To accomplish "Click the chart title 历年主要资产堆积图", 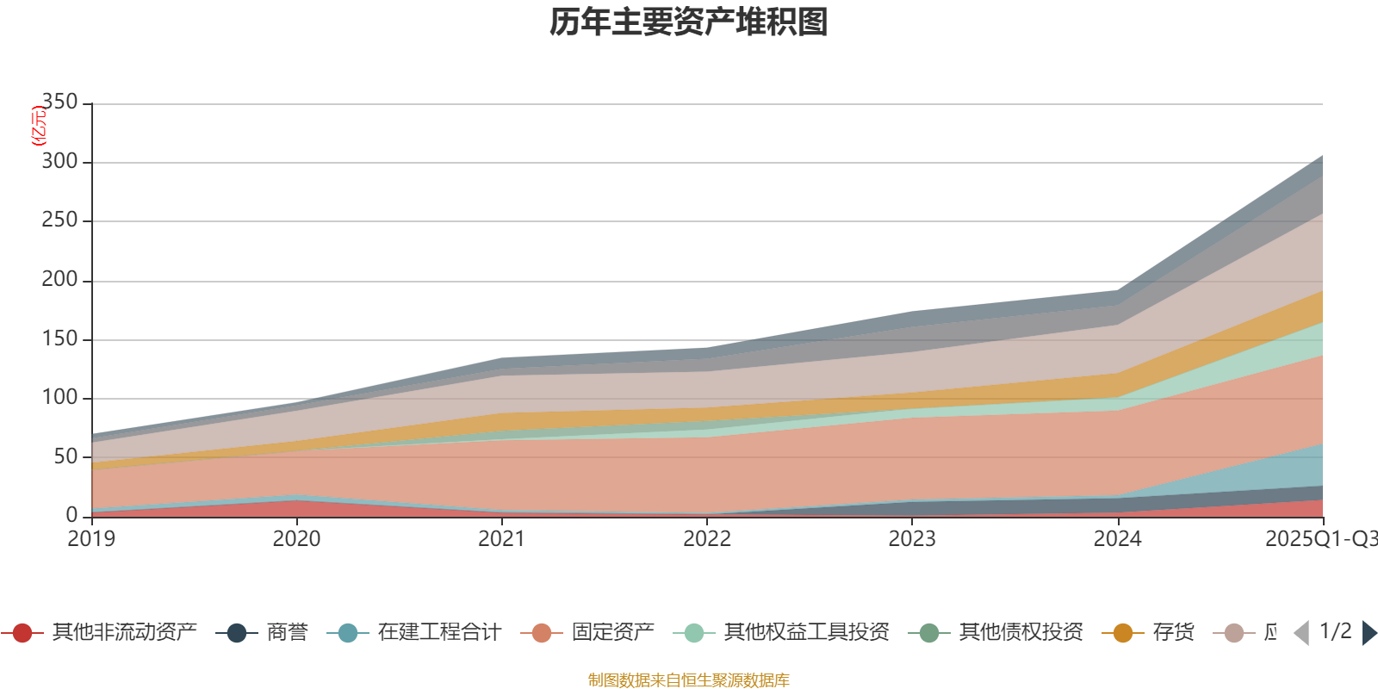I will [689, 22].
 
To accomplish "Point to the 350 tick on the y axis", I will [59, 102].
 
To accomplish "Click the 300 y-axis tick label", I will [59, 162].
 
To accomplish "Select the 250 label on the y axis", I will [59, 220].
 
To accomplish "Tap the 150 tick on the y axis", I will [59, 338].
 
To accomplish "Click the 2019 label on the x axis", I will [91, 539].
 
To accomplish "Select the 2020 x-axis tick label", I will [296, 539].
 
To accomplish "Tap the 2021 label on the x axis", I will [501, 539].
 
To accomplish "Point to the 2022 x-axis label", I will [707, 539].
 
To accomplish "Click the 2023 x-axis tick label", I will [912, 539].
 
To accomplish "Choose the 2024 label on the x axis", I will [1117, 539].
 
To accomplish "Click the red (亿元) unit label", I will [38, 126].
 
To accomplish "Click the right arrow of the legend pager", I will [1369, 633].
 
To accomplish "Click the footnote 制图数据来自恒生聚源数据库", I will [689, 680].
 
